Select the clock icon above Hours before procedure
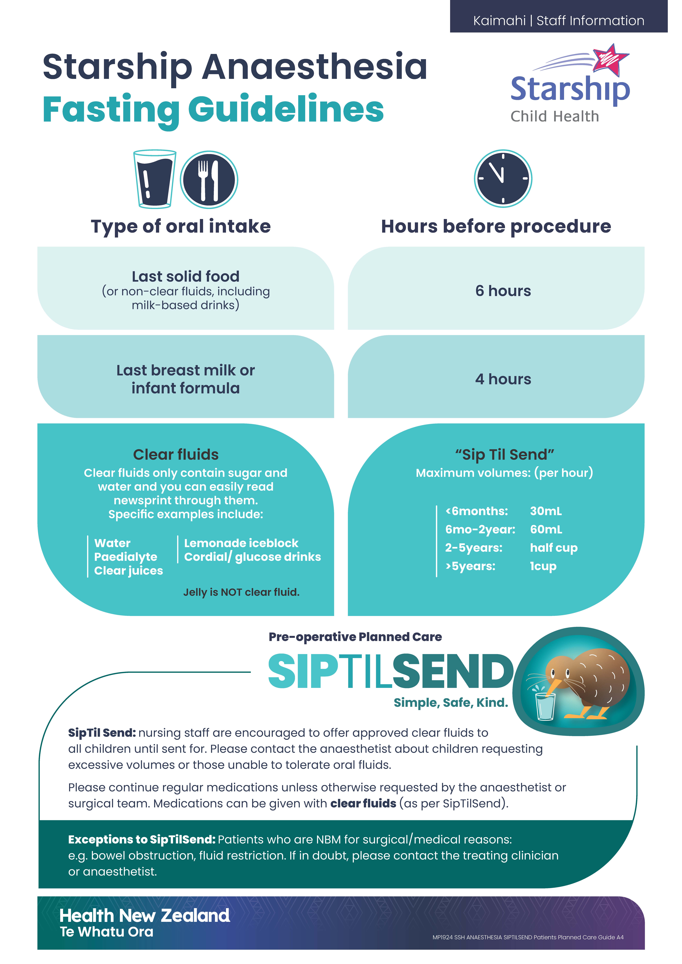tap(503, 178)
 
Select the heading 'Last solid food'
tap(186, 276)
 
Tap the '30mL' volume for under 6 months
tap(546, 511)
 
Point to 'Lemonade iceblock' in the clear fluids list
tap(241, 543)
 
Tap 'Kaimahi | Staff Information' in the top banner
tap(559, 21)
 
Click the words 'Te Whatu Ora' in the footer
tap(107, 932)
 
